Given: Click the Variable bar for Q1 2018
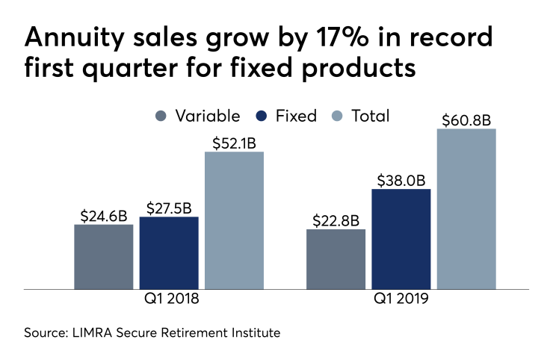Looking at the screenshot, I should [103, 256].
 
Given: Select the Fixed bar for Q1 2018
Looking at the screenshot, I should [169, 252].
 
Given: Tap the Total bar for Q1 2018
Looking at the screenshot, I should [234, 220].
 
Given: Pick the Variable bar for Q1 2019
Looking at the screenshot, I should [336, 258].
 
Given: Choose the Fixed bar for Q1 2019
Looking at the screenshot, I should [401, 238].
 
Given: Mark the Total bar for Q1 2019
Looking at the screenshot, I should [466, 208].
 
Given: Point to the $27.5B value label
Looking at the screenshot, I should [169, 207].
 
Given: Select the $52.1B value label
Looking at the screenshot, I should [234, 142].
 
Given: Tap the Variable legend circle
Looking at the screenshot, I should [161, 116].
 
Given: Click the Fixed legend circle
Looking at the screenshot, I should [262, 116].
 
